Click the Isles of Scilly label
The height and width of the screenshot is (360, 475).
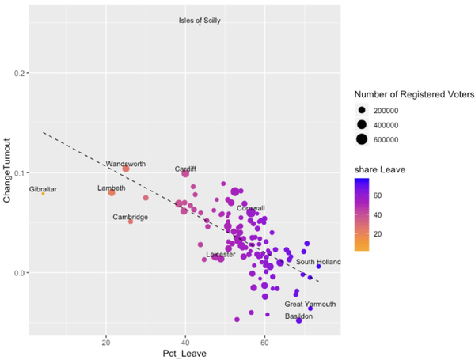click(199, 21)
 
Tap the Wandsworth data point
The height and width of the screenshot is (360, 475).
click(126, 169)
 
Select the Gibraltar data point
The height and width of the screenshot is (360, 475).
click(44, 194)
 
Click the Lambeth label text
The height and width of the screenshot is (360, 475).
click(111, 188)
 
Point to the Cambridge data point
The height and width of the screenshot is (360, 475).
click(131, 222)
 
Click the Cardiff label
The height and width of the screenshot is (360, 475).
click(185, 169)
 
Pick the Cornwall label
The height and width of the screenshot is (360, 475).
click(251, 208)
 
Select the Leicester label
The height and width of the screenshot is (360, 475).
click(220, 255)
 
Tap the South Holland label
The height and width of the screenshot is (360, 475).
click(318, 262)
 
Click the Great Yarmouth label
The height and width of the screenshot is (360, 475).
click(310, 304)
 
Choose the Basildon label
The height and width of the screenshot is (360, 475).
click(298, 316)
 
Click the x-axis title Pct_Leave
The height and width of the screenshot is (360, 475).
click(185, 353)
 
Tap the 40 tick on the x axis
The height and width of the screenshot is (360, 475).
click(185, 342)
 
